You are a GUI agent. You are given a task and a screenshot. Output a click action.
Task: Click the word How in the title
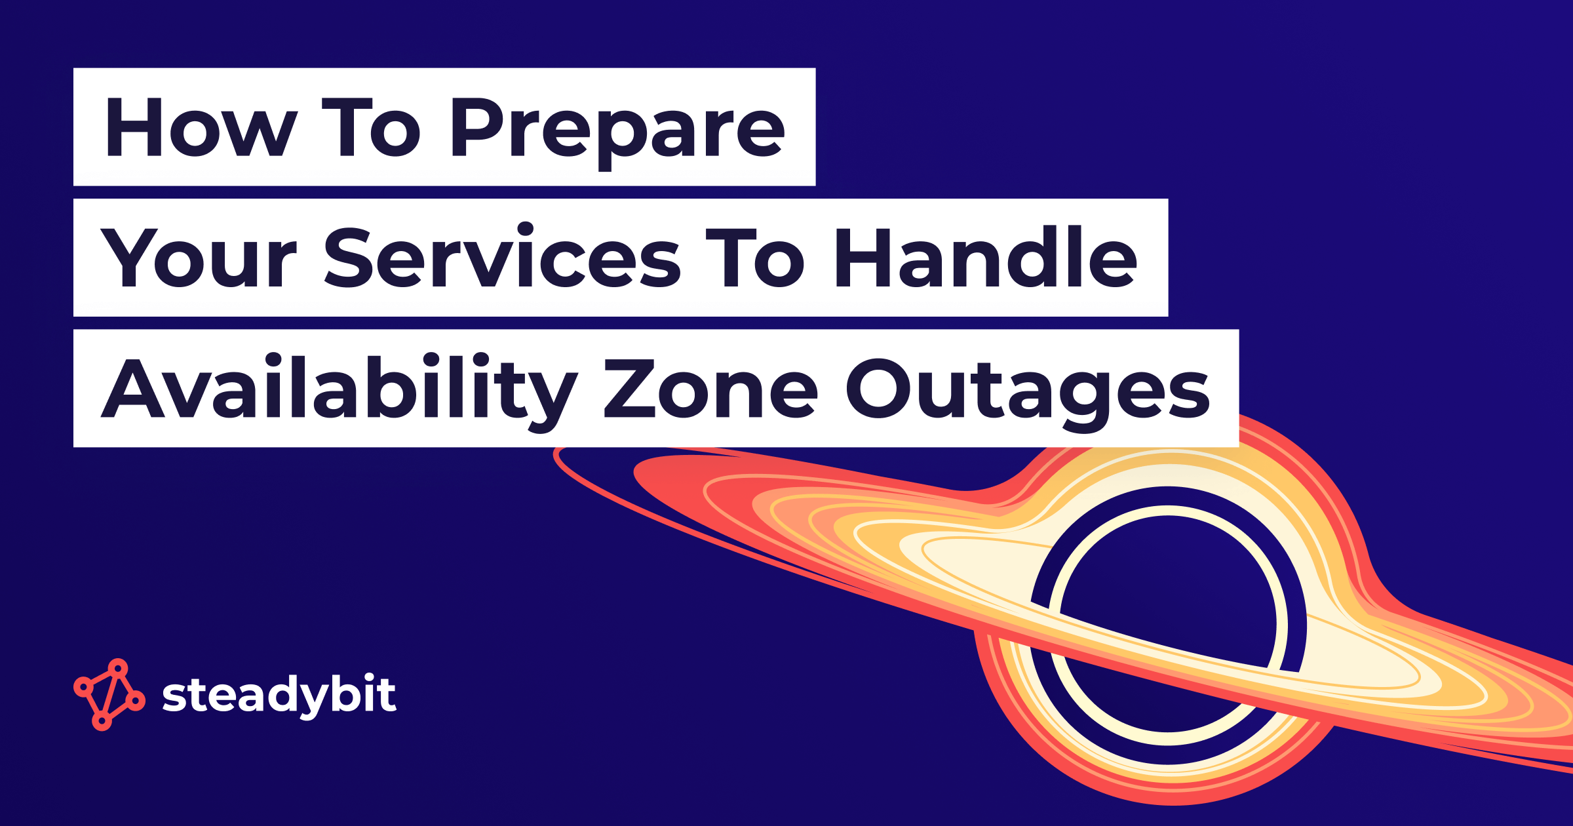[x=201, y=128]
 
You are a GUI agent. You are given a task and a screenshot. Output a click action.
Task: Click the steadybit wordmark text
[x=279, y=695]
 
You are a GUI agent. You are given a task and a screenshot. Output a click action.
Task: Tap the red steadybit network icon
[x=109, y=694]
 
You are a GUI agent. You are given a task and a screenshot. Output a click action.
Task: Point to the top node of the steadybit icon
[x=118, y=668]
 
